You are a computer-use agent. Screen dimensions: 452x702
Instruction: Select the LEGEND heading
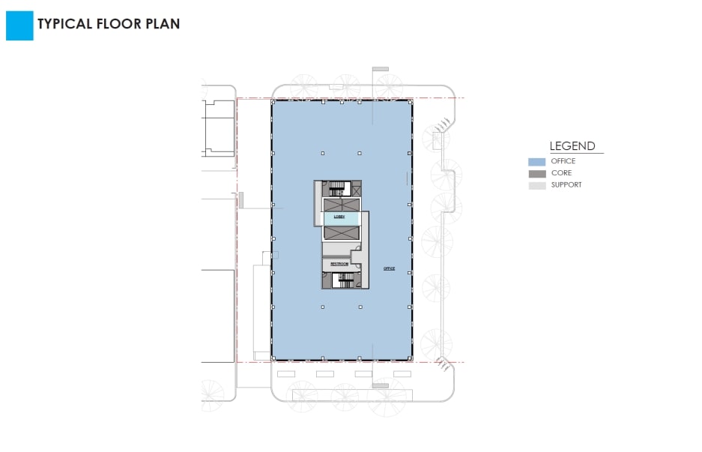pyautogui.click(x=572, y=146)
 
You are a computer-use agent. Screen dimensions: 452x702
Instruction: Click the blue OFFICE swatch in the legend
pyautogui.click(x=536, y=161)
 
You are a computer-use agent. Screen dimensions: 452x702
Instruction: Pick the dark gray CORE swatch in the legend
pyautogui.click(x=536, y=173)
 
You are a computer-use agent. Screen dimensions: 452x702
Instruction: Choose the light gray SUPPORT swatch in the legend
pyautogui.click(x=536, y=185)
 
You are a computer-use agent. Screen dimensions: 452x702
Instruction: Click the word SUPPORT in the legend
pyautogui.click(x=566, y=184)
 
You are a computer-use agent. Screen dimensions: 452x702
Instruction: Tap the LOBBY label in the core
pyautogui.click(x=339, y=217)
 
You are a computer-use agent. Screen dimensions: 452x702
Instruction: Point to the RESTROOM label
pyautogui.click(x=339, y=264)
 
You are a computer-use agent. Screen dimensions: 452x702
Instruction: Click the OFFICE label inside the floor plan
pyautogui.click(x=388, y=268)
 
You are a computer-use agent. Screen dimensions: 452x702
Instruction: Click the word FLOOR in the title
pyautogui.click(x=119, y=23)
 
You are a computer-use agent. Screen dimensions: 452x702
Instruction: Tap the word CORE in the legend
pyautogui.click(x=561, y=173)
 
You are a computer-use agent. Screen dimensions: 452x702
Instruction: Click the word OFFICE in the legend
pyautogui.click(x=563, y=161)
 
